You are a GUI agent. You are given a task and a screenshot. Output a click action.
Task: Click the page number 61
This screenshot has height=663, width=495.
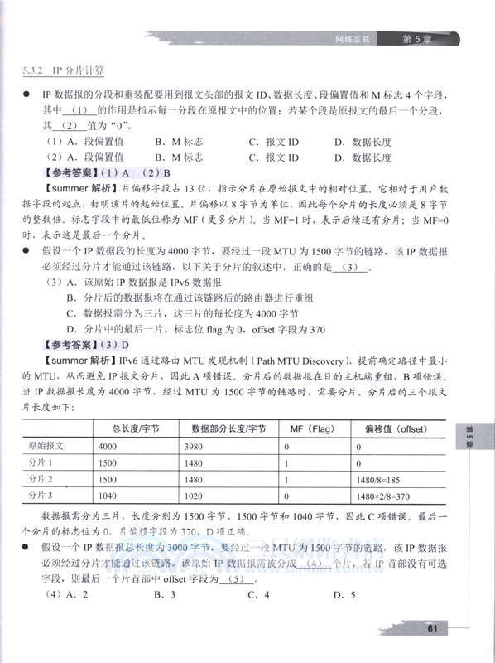point(432,627)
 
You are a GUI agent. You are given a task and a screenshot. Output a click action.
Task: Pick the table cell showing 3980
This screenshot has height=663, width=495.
point(204,446)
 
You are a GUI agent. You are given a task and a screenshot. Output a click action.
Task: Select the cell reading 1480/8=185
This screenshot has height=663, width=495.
point(379,479)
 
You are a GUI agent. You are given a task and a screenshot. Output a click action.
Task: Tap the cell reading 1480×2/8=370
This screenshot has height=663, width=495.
point(386,495)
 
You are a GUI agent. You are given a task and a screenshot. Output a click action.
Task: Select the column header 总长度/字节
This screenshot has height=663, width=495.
point(139,428)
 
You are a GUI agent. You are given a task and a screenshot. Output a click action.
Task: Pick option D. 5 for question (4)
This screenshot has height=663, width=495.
point(344,595)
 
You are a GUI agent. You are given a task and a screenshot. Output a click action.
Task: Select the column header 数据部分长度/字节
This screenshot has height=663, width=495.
point(228,428)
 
